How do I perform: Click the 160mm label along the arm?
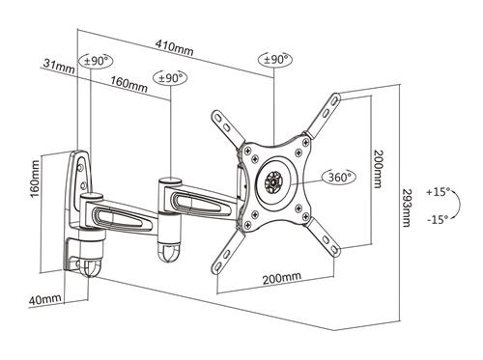pos(128,84)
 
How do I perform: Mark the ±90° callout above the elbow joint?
pos(171,76)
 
